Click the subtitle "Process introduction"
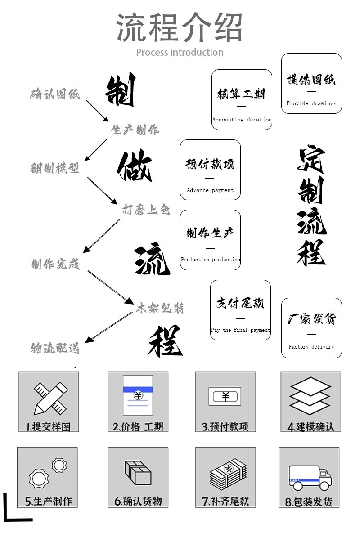[180, 53]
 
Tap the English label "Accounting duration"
[242, 120]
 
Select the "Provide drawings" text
[311, 103]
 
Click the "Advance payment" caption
[210, 190]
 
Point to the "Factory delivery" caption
[311, 347]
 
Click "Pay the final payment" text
[240, 330]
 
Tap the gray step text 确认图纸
[55, 94]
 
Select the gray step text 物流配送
[55, 348]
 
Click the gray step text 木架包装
[160, 308]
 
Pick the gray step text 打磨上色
[146, 209]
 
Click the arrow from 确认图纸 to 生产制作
[97, 110]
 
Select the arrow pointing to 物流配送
[108, 327]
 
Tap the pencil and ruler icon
[48, 398]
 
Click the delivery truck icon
[310, 479]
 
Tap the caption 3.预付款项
[225, 426]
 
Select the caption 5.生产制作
[48, 501]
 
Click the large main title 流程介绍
[180, 28]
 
